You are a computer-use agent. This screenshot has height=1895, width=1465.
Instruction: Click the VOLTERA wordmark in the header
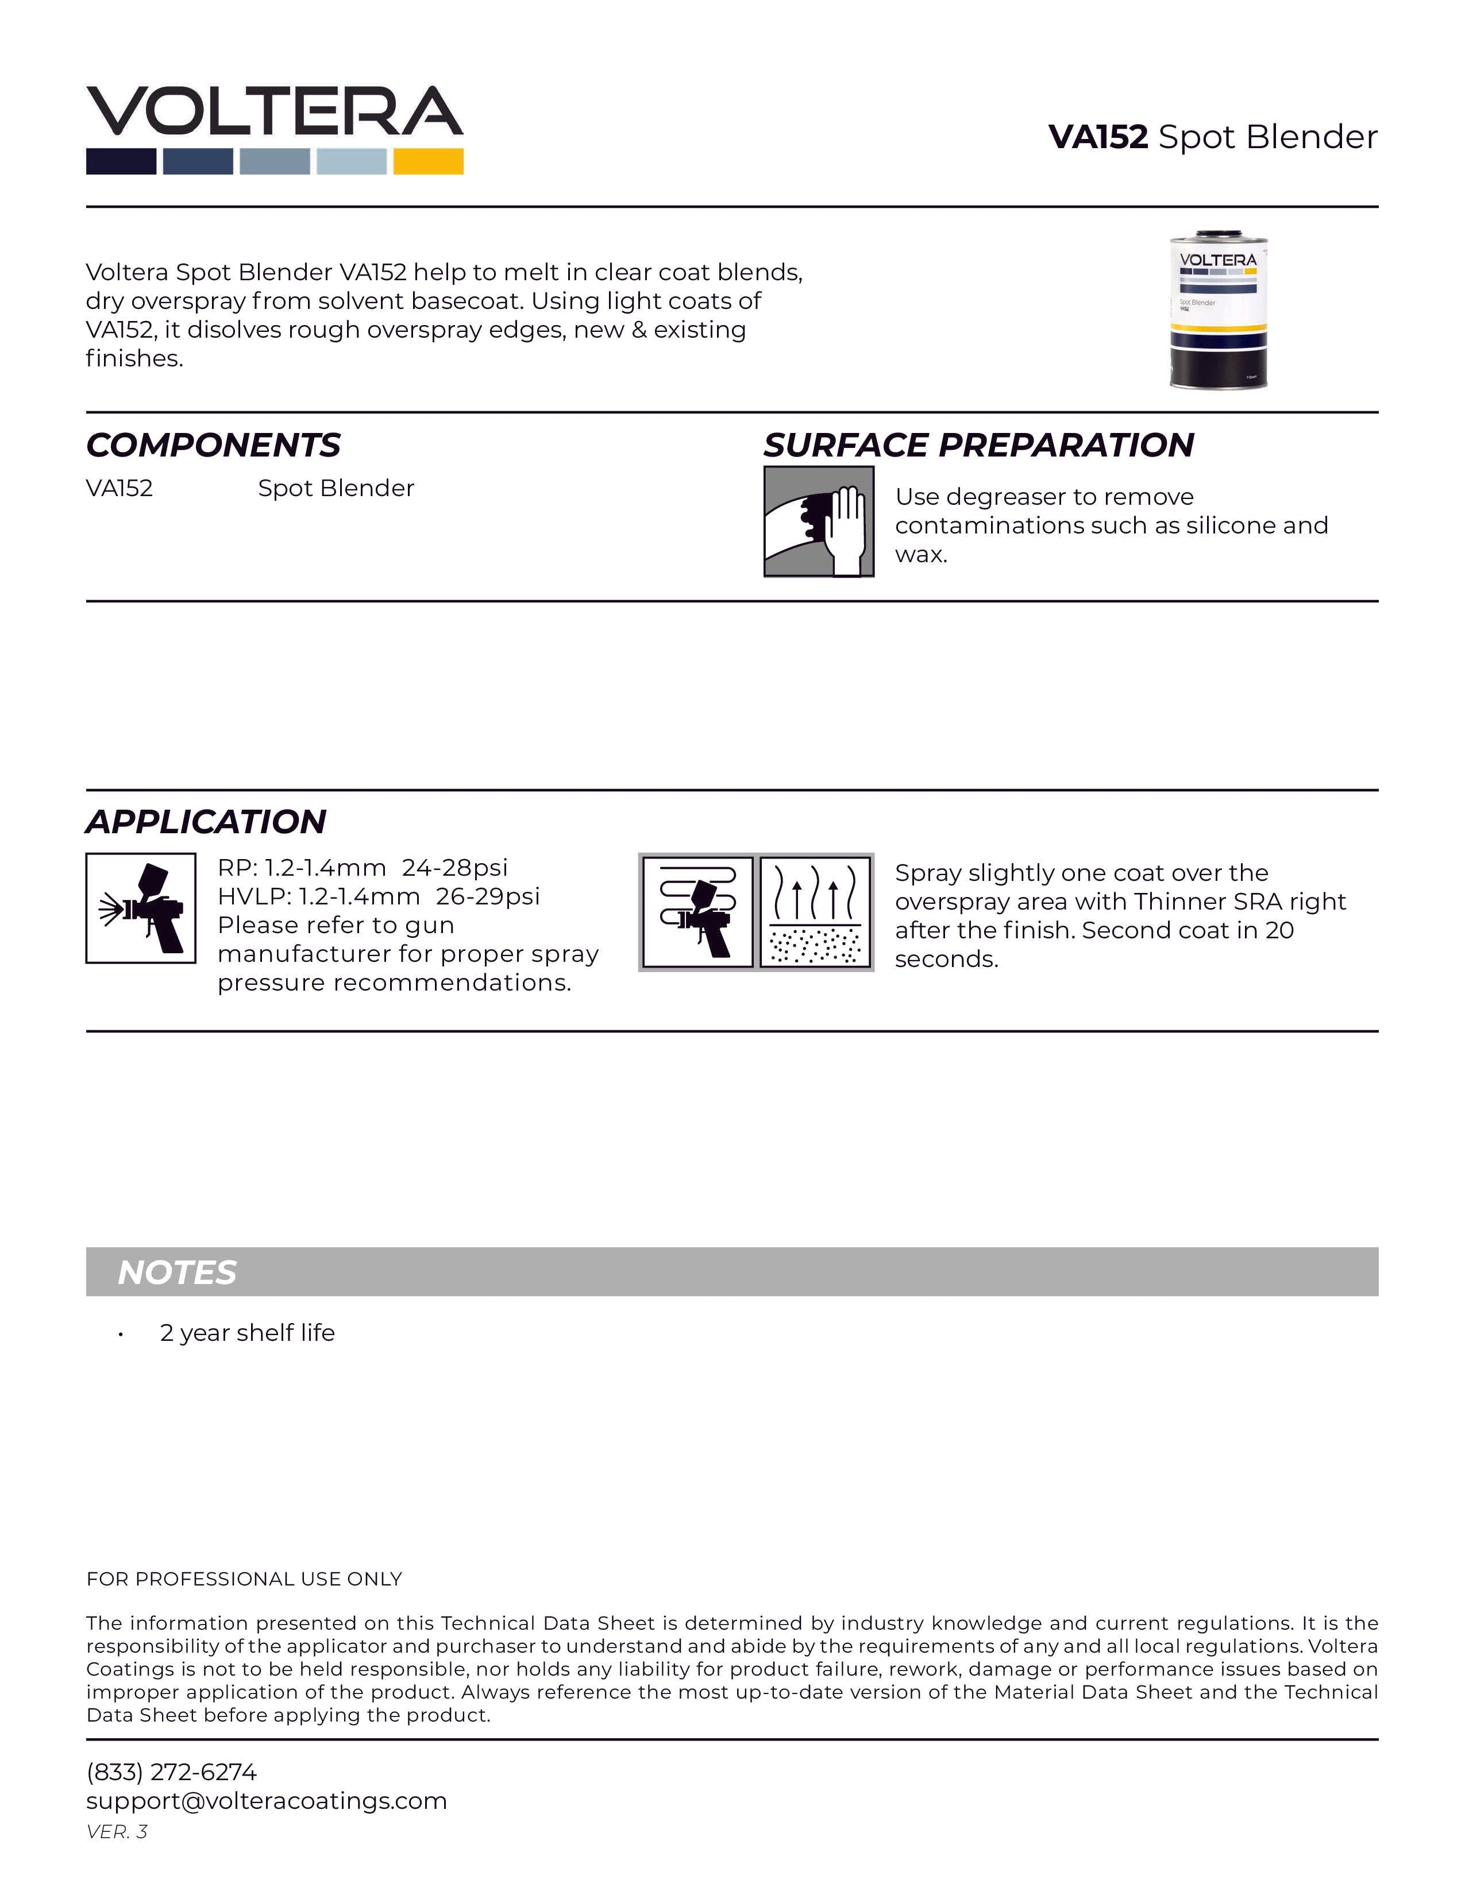tap(274, 111)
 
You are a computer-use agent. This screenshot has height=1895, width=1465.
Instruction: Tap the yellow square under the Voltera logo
tap(428, 161)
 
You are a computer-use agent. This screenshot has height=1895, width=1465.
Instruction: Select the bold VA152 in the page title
tap(1098, 137)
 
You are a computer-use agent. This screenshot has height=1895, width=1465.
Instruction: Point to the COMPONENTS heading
tap(213, 445)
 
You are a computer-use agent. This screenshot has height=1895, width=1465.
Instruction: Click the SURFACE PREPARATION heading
tap(978, 445)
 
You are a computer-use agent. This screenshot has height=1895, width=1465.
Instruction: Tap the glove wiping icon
tap(819, 521)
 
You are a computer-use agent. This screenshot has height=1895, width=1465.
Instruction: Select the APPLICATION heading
tap(206, 822)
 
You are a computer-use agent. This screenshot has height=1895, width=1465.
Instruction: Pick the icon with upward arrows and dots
tap(816, 912)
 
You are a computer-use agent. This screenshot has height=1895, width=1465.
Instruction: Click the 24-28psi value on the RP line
tap(455, 868)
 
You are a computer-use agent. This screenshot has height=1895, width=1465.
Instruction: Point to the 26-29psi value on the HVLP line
tap(488, 896)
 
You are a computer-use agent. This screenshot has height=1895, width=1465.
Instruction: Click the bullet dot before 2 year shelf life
tap(121, 1335)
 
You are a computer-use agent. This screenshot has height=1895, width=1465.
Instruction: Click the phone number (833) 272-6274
tap(171, 1772)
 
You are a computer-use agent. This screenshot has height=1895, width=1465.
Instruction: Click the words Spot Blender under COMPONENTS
tap(336, 489)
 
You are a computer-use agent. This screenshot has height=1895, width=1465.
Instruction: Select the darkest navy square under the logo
tap(121, 161)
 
